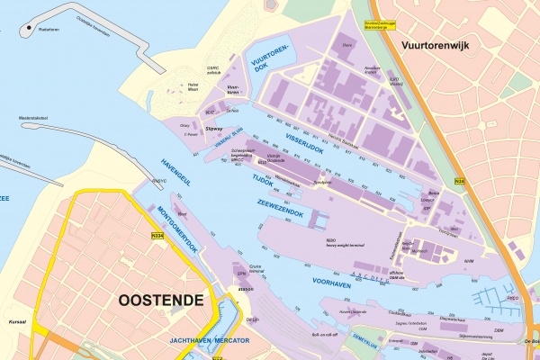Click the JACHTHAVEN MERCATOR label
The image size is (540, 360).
(210, 341)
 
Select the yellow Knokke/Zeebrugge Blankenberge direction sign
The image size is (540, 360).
(379, 25)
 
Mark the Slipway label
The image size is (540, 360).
(215, 129)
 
